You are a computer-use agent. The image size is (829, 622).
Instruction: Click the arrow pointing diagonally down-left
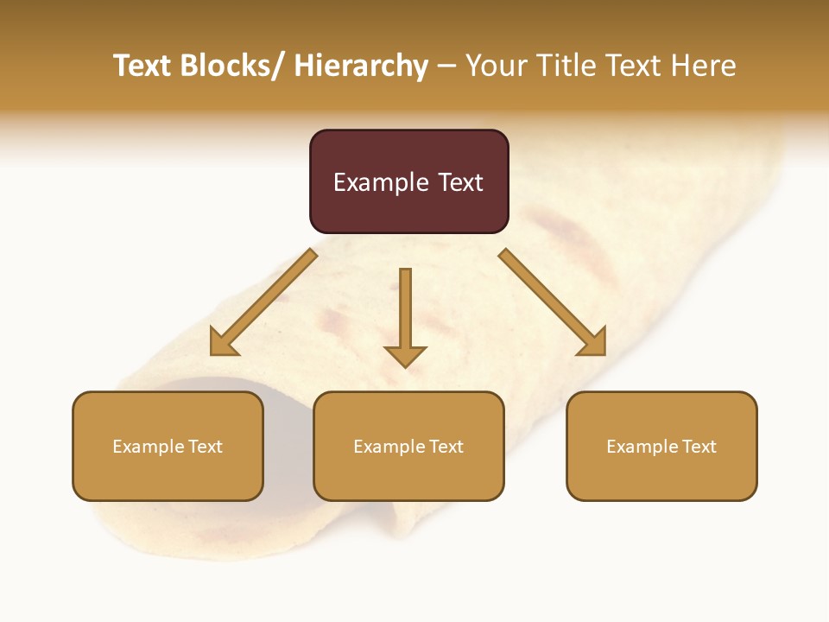click(263, 302)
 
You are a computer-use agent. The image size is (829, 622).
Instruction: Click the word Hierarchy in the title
click(360, 66)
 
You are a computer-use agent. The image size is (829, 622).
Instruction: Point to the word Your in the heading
click(497, 66)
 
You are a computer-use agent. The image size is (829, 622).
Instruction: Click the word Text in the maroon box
click(460, 182)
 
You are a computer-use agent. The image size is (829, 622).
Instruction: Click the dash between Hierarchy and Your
click(446, 66)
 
